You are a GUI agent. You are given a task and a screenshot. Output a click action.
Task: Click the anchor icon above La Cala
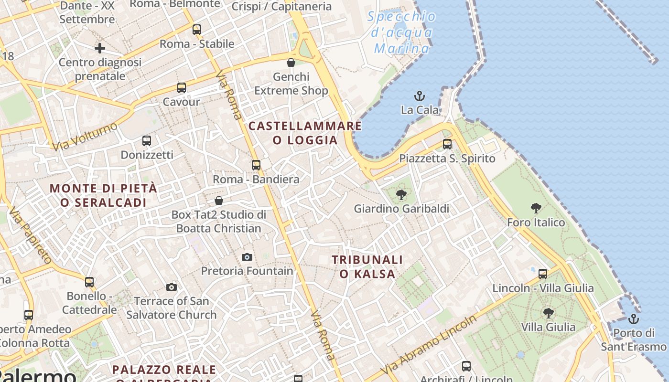pyautogui.click(x=419, y=96)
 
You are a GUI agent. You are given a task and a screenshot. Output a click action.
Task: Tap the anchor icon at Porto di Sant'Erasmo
pyautogui.click(x=634, y=318)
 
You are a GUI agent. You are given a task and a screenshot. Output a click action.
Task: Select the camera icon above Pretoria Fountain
pyautogui.click(x=247, y=257)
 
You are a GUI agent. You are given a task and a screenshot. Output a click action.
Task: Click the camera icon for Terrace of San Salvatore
pyautogui.click(x=172, y=287)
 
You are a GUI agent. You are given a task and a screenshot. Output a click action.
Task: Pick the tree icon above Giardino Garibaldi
pyautogui.click(x=401, y=194)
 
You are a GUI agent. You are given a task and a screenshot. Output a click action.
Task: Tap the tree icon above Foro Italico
pyautogui.click(x=536, y=208)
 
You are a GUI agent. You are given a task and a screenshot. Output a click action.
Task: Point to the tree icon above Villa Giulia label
pyautogui.click(x=548, y=313)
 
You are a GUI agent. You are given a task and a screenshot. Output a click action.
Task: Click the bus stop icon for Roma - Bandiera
pyautogui.click(x=256, y=165)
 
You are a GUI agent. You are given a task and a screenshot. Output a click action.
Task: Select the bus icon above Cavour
pyautogui.click(x=182, y=88)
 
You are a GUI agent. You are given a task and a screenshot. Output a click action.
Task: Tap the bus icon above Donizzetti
pyautogui.click(x=147, y=141)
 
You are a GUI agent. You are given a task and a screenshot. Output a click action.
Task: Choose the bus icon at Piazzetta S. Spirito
pyautogui.click(x=447, y=144)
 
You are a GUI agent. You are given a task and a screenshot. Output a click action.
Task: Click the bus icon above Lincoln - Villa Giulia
pyautogui.click(x=543, y=274)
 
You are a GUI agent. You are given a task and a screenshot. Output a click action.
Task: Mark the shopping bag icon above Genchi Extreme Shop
pyautogui.click(x=291, y=63)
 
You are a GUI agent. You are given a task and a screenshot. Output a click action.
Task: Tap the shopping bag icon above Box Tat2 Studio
pyautogui.click(x=219, y=201)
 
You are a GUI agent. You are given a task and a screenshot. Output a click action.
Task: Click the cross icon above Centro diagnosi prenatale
pyautogui.click(x=100, y=48)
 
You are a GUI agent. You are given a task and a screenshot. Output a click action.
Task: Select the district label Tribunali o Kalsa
pyautogui.click(x=367, y=266)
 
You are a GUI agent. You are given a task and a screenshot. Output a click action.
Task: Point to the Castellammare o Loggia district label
pyautogui.click(x=305, y=133)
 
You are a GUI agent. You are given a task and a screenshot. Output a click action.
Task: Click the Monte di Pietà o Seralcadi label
pyautogui.click(x=103, y=195)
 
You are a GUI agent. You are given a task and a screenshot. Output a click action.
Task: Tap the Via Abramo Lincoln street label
pyautogui.click(x=429, y=345)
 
